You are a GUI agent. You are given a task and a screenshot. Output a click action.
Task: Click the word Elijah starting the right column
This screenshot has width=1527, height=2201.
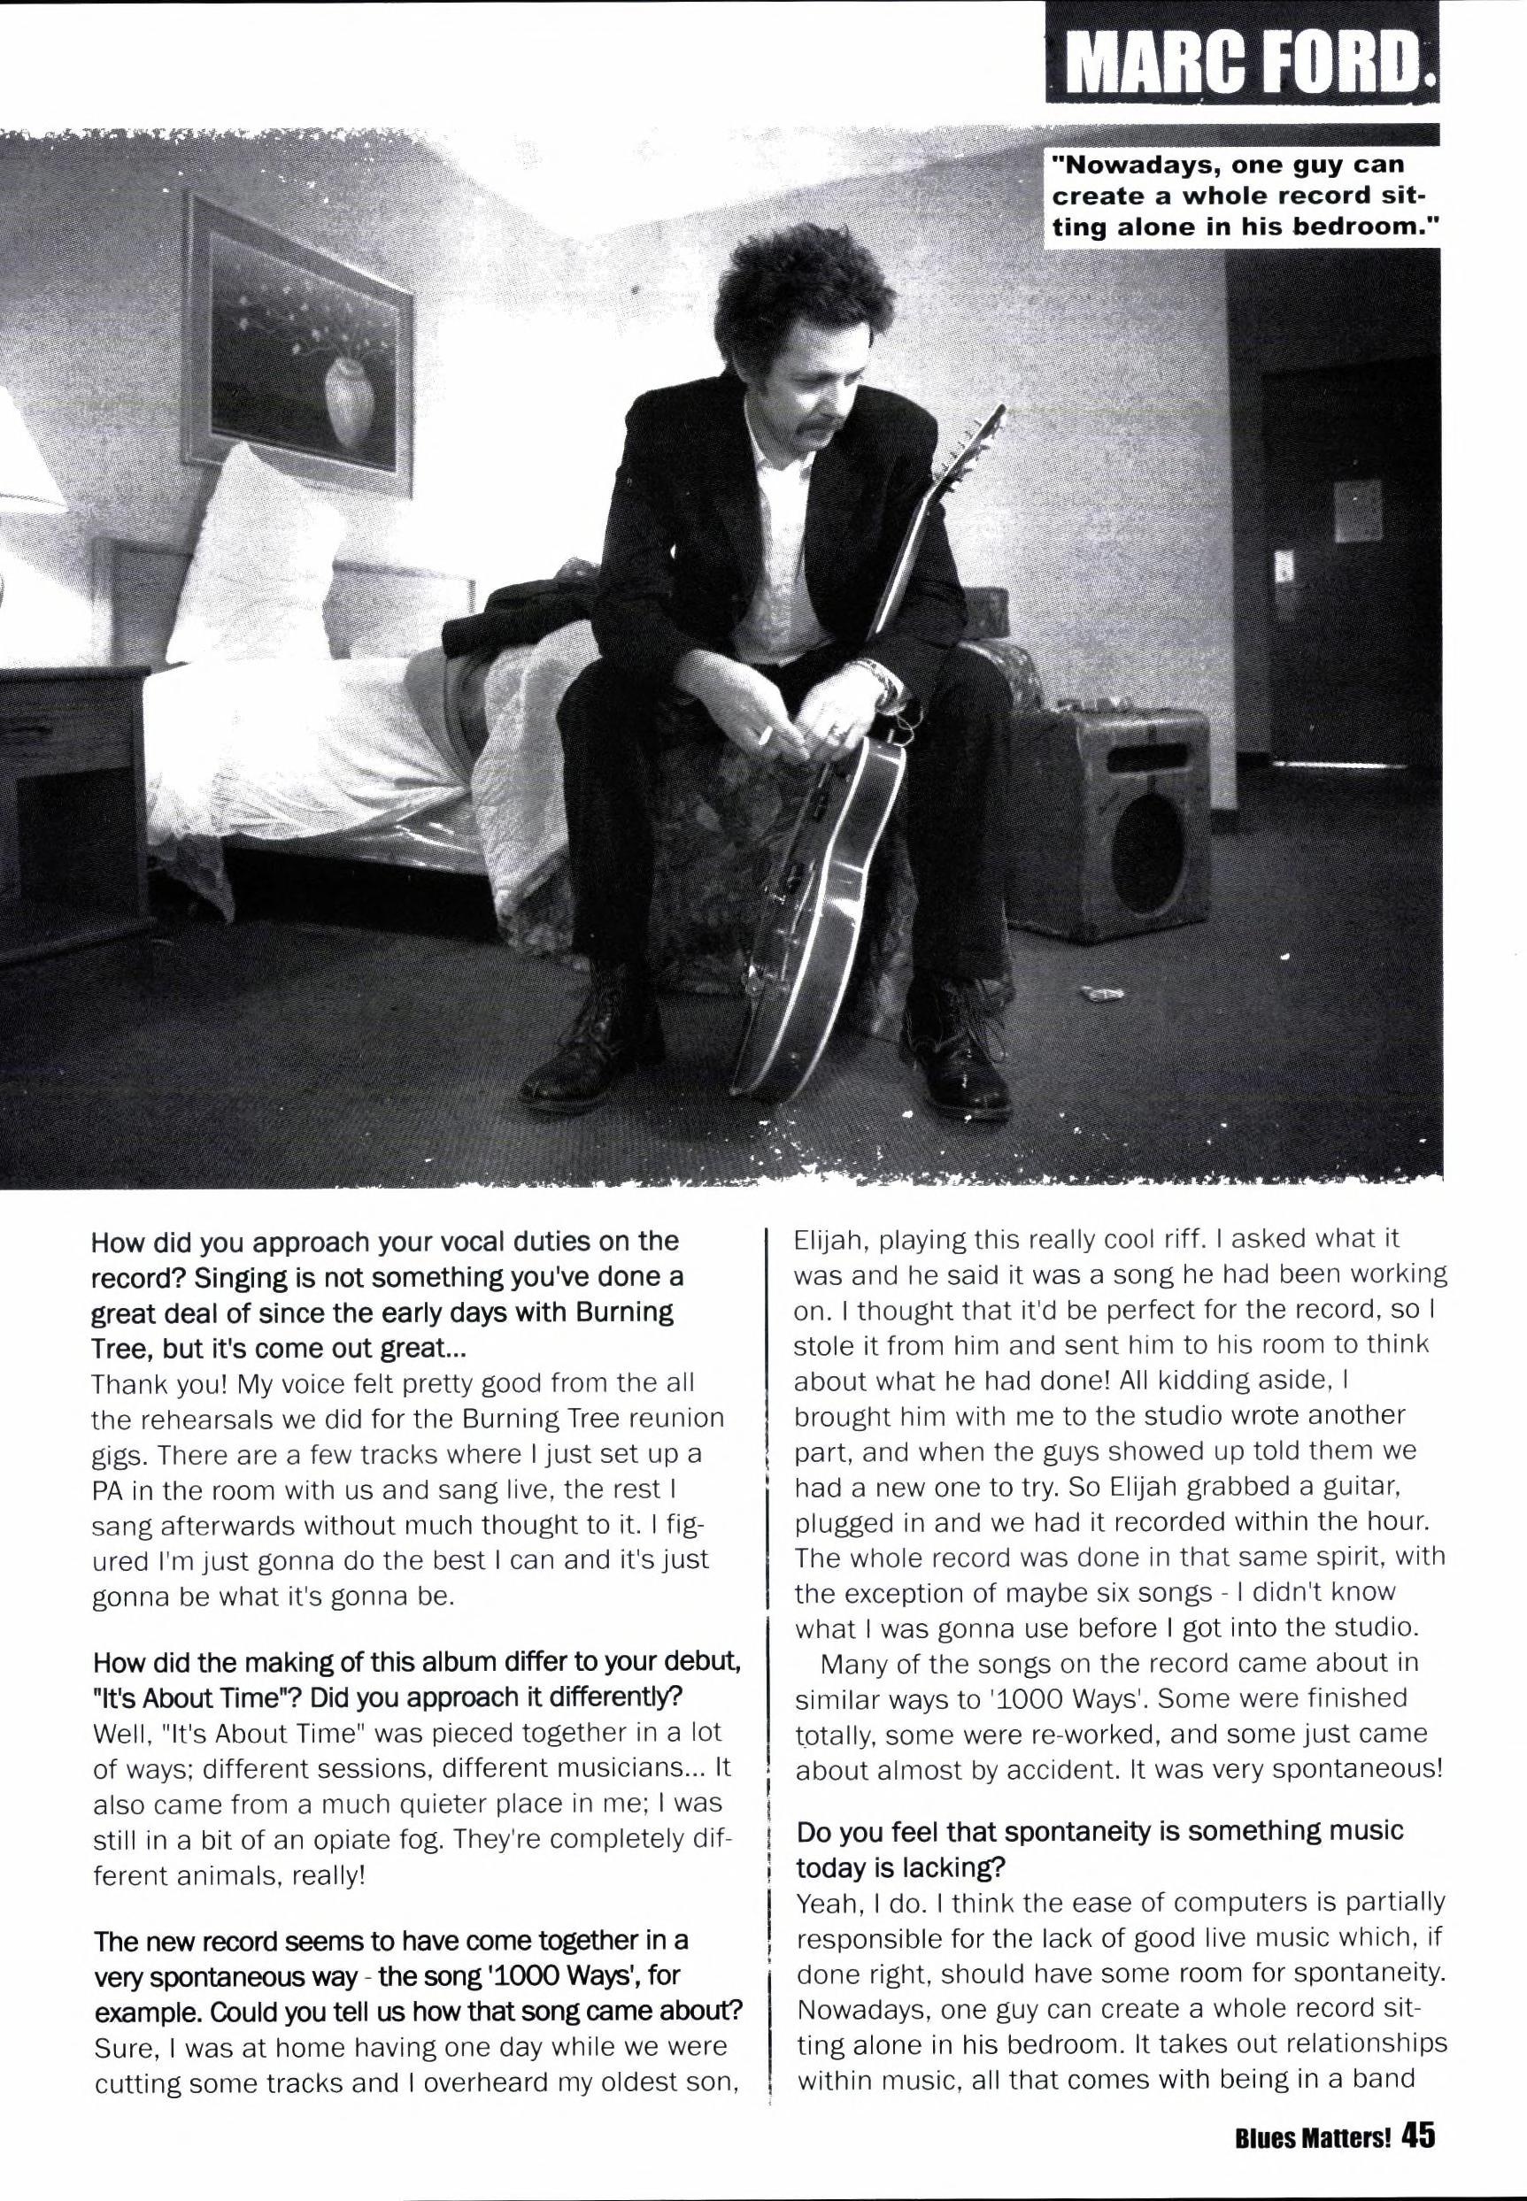[x=829, y=1240]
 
